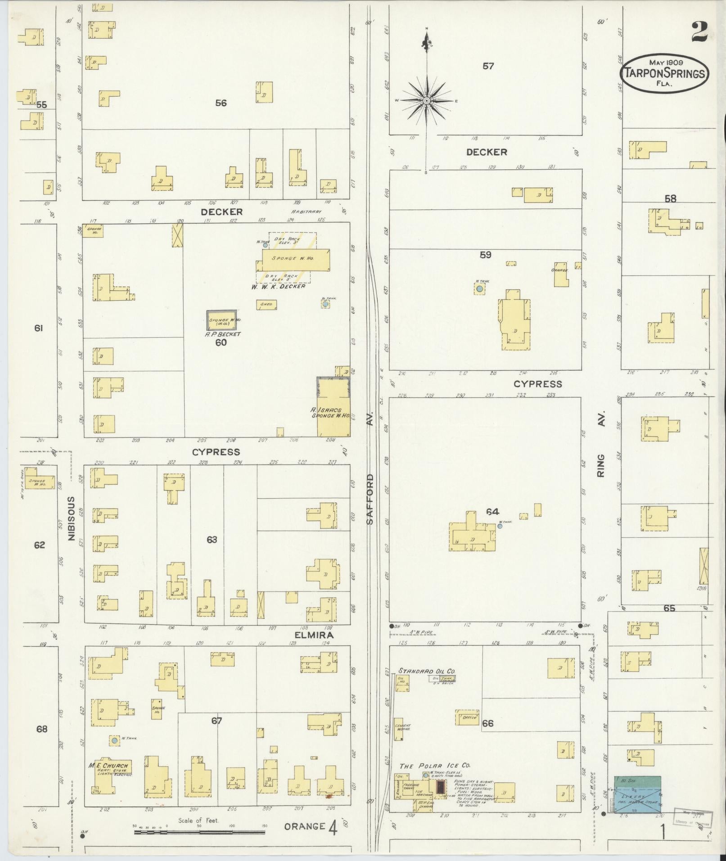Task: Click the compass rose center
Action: pos(426,101)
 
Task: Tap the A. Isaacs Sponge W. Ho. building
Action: pos(334,408)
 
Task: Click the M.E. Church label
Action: pos(108,766)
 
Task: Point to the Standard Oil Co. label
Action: pos(427,671)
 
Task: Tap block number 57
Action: pos(488,66)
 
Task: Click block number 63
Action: pos(212,539)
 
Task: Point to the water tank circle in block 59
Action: pos(480,289)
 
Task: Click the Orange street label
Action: pos(305,826)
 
